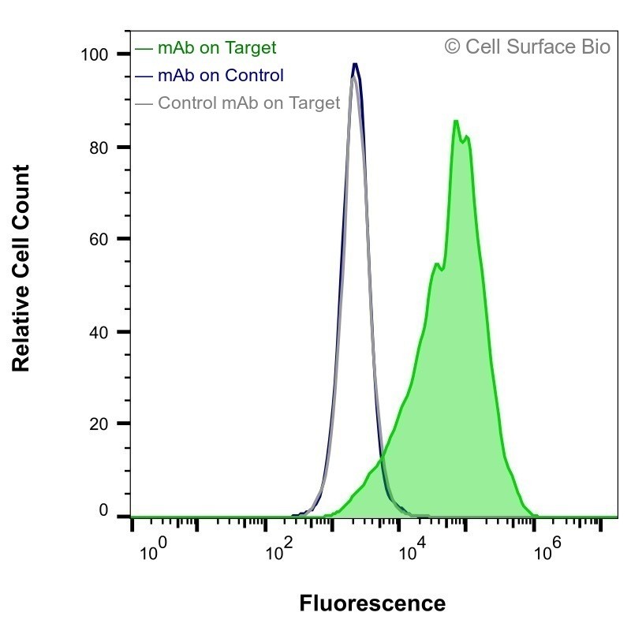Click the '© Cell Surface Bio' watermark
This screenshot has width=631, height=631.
[527, 47]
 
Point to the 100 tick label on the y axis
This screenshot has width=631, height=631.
[95, 54]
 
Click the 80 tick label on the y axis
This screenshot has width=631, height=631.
[99, 148]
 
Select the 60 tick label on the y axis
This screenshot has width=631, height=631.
[99, 240]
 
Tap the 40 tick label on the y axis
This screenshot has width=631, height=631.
[99, 332]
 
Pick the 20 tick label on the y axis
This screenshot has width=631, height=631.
[99, 424]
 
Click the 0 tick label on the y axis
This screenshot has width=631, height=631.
[103, 510]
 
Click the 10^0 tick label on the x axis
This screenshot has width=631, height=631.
[153, 550]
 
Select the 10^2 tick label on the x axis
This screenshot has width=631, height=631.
[280, 550]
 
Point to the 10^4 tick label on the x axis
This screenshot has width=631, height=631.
[412, 550]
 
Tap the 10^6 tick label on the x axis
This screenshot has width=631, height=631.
[547, 550]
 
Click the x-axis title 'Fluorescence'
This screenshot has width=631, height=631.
[372, 603]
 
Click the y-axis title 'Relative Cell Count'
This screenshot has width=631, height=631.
[21, 268]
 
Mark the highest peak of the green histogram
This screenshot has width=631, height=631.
[456, 121]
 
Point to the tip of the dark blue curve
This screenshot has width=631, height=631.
[355, 64]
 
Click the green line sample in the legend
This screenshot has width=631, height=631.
[144, 49]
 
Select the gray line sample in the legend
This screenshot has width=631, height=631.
[144, 104]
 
